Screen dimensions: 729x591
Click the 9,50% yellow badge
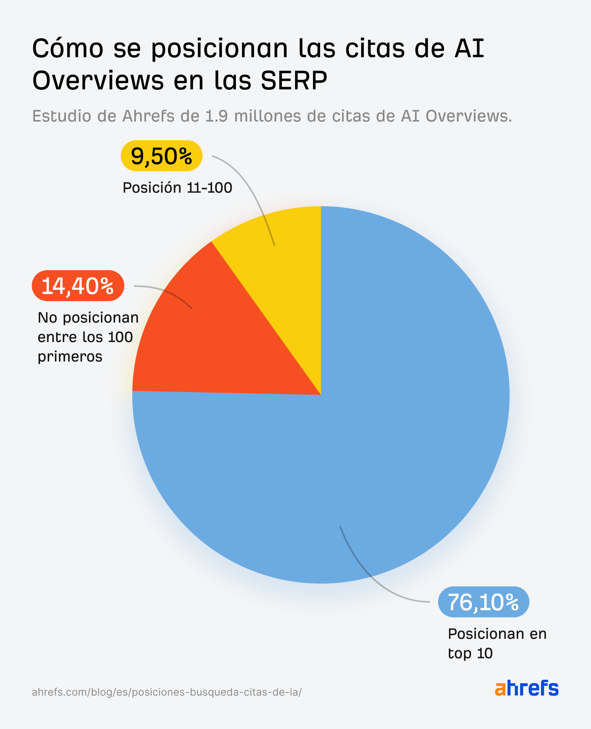tap(162, 156)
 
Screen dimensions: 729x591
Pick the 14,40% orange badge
tap(78, 286)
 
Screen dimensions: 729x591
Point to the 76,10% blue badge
tap(483, 602)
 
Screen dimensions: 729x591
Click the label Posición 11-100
tap(177, 188)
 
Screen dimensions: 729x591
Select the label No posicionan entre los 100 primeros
tap(88, 337)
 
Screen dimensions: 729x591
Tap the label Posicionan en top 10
tap(497, 643)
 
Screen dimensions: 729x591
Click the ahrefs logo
tap(526, 688)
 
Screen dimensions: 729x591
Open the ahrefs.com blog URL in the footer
tap(166, 692)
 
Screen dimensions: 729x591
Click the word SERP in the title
tap(294, 80)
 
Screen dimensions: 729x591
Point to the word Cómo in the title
tap(68, 48)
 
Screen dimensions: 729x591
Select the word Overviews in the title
tap(98, 80)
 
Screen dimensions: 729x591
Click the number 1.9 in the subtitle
tap(216, 116)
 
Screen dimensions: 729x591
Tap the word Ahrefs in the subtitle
tap(148, 116)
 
